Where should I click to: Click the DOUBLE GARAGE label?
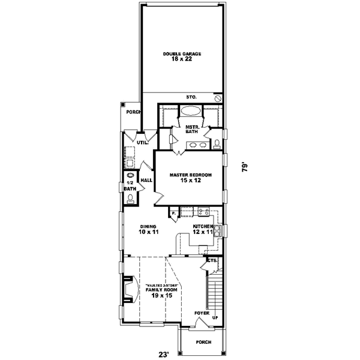tap(182, 56)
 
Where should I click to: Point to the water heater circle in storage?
tap(218, 97)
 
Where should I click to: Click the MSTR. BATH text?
tap(192, 131)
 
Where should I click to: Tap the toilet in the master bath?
tap(217, 143)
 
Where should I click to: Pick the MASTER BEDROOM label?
tap(190, 178)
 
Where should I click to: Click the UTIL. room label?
tap(142, 143)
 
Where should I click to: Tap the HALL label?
tap(146, 180)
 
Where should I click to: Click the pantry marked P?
tap(173, 213)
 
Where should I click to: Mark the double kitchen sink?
tap(219, 230)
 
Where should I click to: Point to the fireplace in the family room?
tap(128, 291)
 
